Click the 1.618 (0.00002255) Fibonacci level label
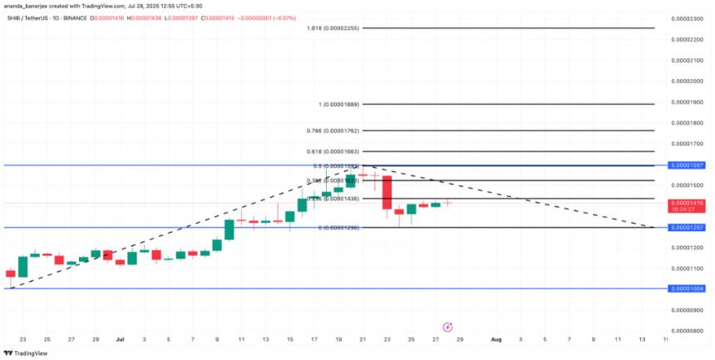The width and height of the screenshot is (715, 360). [x=334, y=28]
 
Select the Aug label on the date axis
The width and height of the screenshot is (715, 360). [x=496, y=340]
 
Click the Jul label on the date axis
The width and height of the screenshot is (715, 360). [x=120, y=340]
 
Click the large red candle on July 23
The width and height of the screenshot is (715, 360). [x=387, y=193]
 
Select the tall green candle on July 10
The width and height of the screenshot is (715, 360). [x=229, y=230]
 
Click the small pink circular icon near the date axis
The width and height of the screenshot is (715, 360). [x=448, y=327]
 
